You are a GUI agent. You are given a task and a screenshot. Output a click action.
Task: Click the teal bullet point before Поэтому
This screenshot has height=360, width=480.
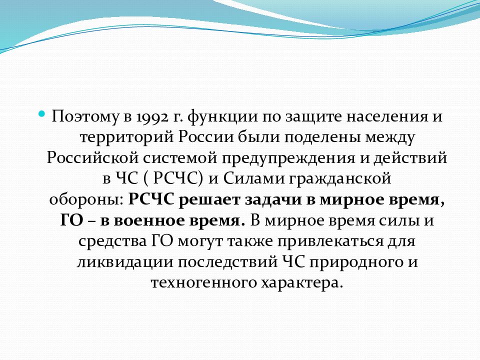point(42,114)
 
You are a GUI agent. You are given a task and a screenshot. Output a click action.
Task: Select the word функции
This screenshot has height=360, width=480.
point(219,117)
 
